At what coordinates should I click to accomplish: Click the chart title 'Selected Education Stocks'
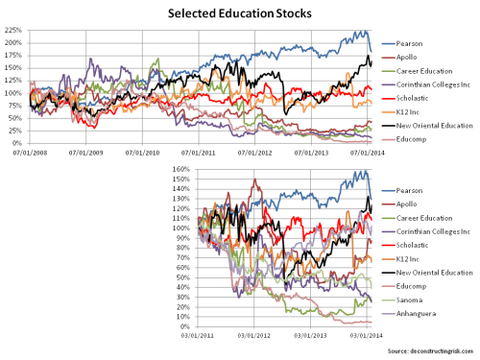point(239,13)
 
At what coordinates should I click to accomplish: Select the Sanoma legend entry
point(424,300)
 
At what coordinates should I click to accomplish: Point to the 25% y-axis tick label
point(18,131)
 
